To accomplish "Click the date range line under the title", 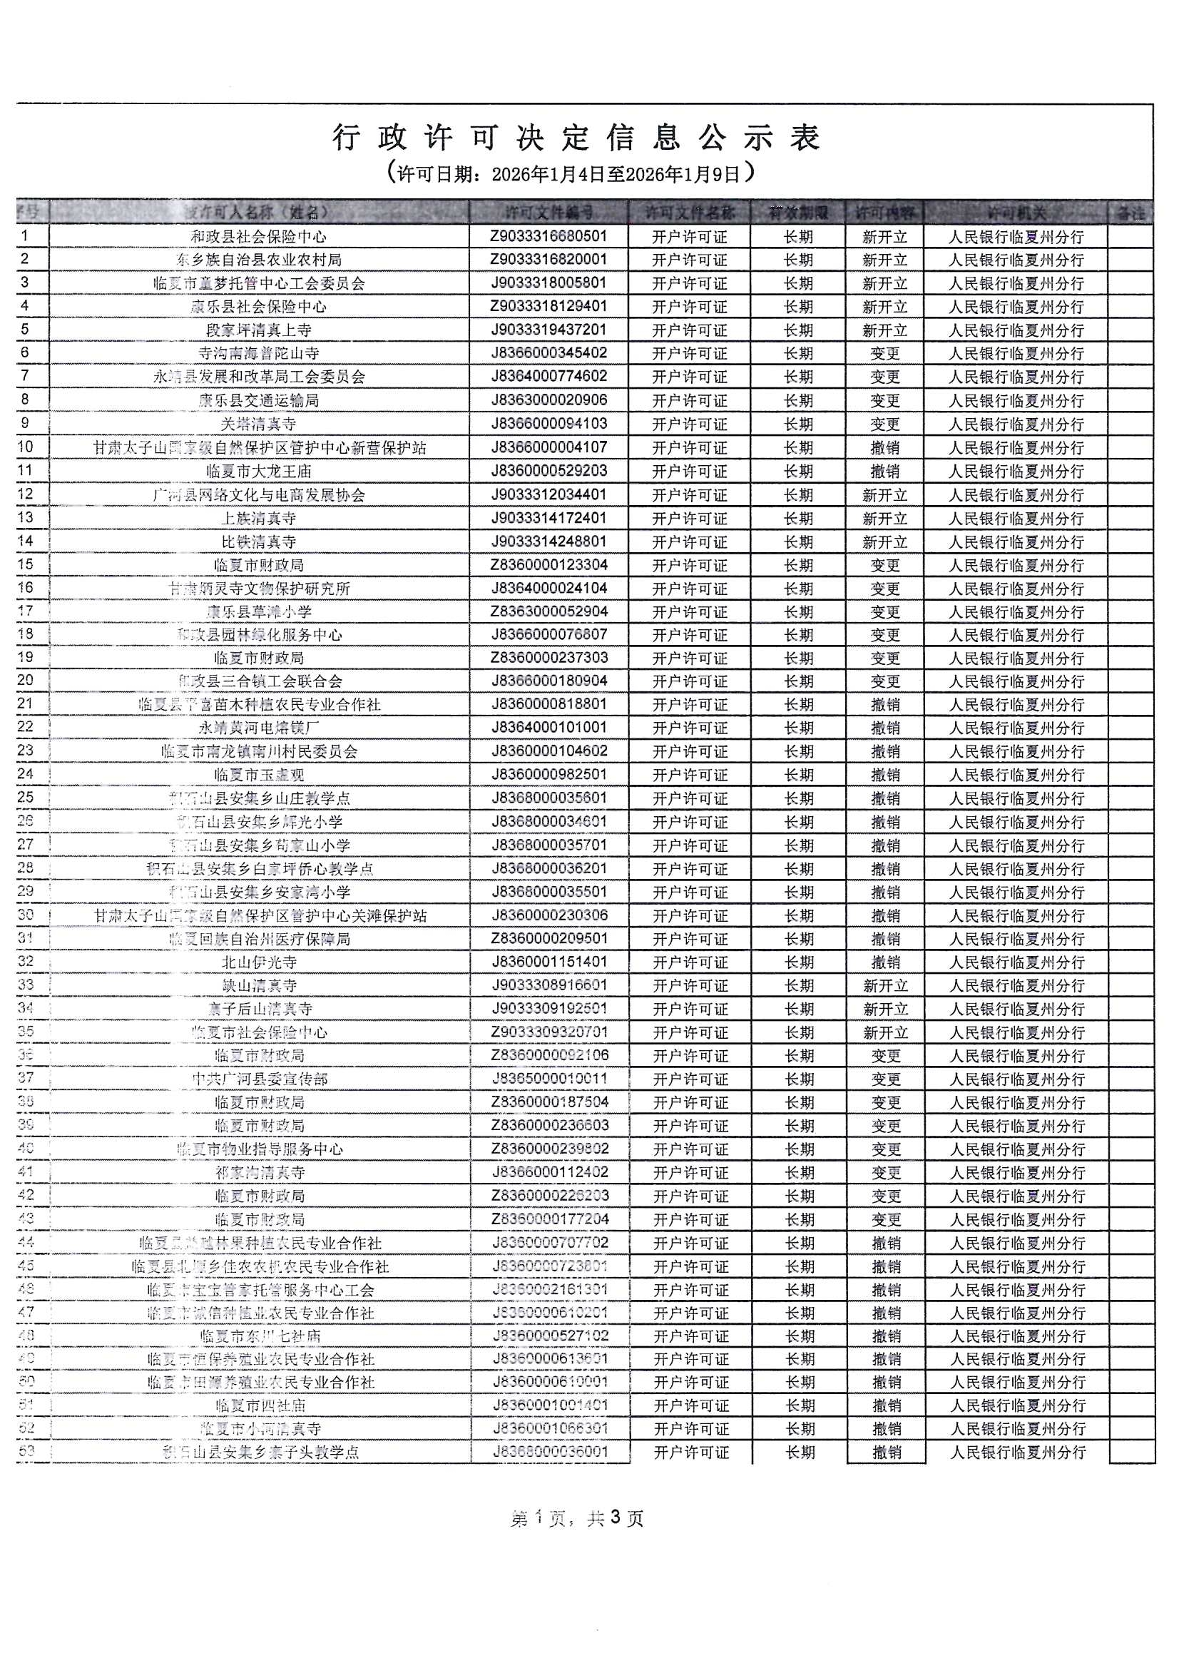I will tap(571, 173).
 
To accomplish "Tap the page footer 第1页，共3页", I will tap(577, 1518).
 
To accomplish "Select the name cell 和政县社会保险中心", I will tap(259, 237).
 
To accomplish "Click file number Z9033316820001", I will tap(548, 260).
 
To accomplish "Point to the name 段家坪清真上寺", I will tap(259, 330).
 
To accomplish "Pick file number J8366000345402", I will tap(548, 354).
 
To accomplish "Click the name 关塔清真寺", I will tap(259, 424).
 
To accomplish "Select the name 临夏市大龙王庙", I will tap(259, 472).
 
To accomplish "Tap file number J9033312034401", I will tap(548, 494).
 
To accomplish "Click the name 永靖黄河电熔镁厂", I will tap(259, 728).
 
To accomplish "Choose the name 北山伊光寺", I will tap(259, 962).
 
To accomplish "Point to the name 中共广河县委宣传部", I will tap(259, 1079).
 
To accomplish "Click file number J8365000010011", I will tap(548, 1079).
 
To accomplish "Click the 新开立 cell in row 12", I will tap(885, 495).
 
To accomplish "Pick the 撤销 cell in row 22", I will tap(885, 728).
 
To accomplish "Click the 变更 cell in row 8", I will tap(885, 401).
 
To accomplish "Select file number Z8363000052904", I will tap(548, 611).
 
